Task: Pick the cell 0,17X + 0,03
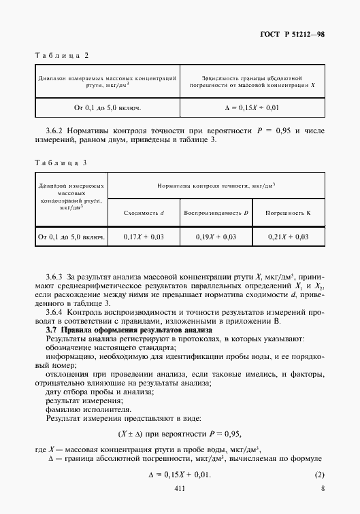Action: click(x=144, y=237)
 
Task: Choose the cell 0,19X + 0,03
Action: click(x=216, y=237)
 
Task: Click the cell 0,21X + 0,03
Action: click(x=289, y=237)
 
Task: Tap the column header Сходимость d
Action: click(x=144, y=213)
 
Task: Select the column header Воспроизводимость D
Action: click(x=216, y=213)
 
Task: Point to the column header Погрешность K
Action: click(x=288, y=213)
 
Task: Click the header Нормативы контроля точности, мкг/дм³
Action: click(x=216, y=185)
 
